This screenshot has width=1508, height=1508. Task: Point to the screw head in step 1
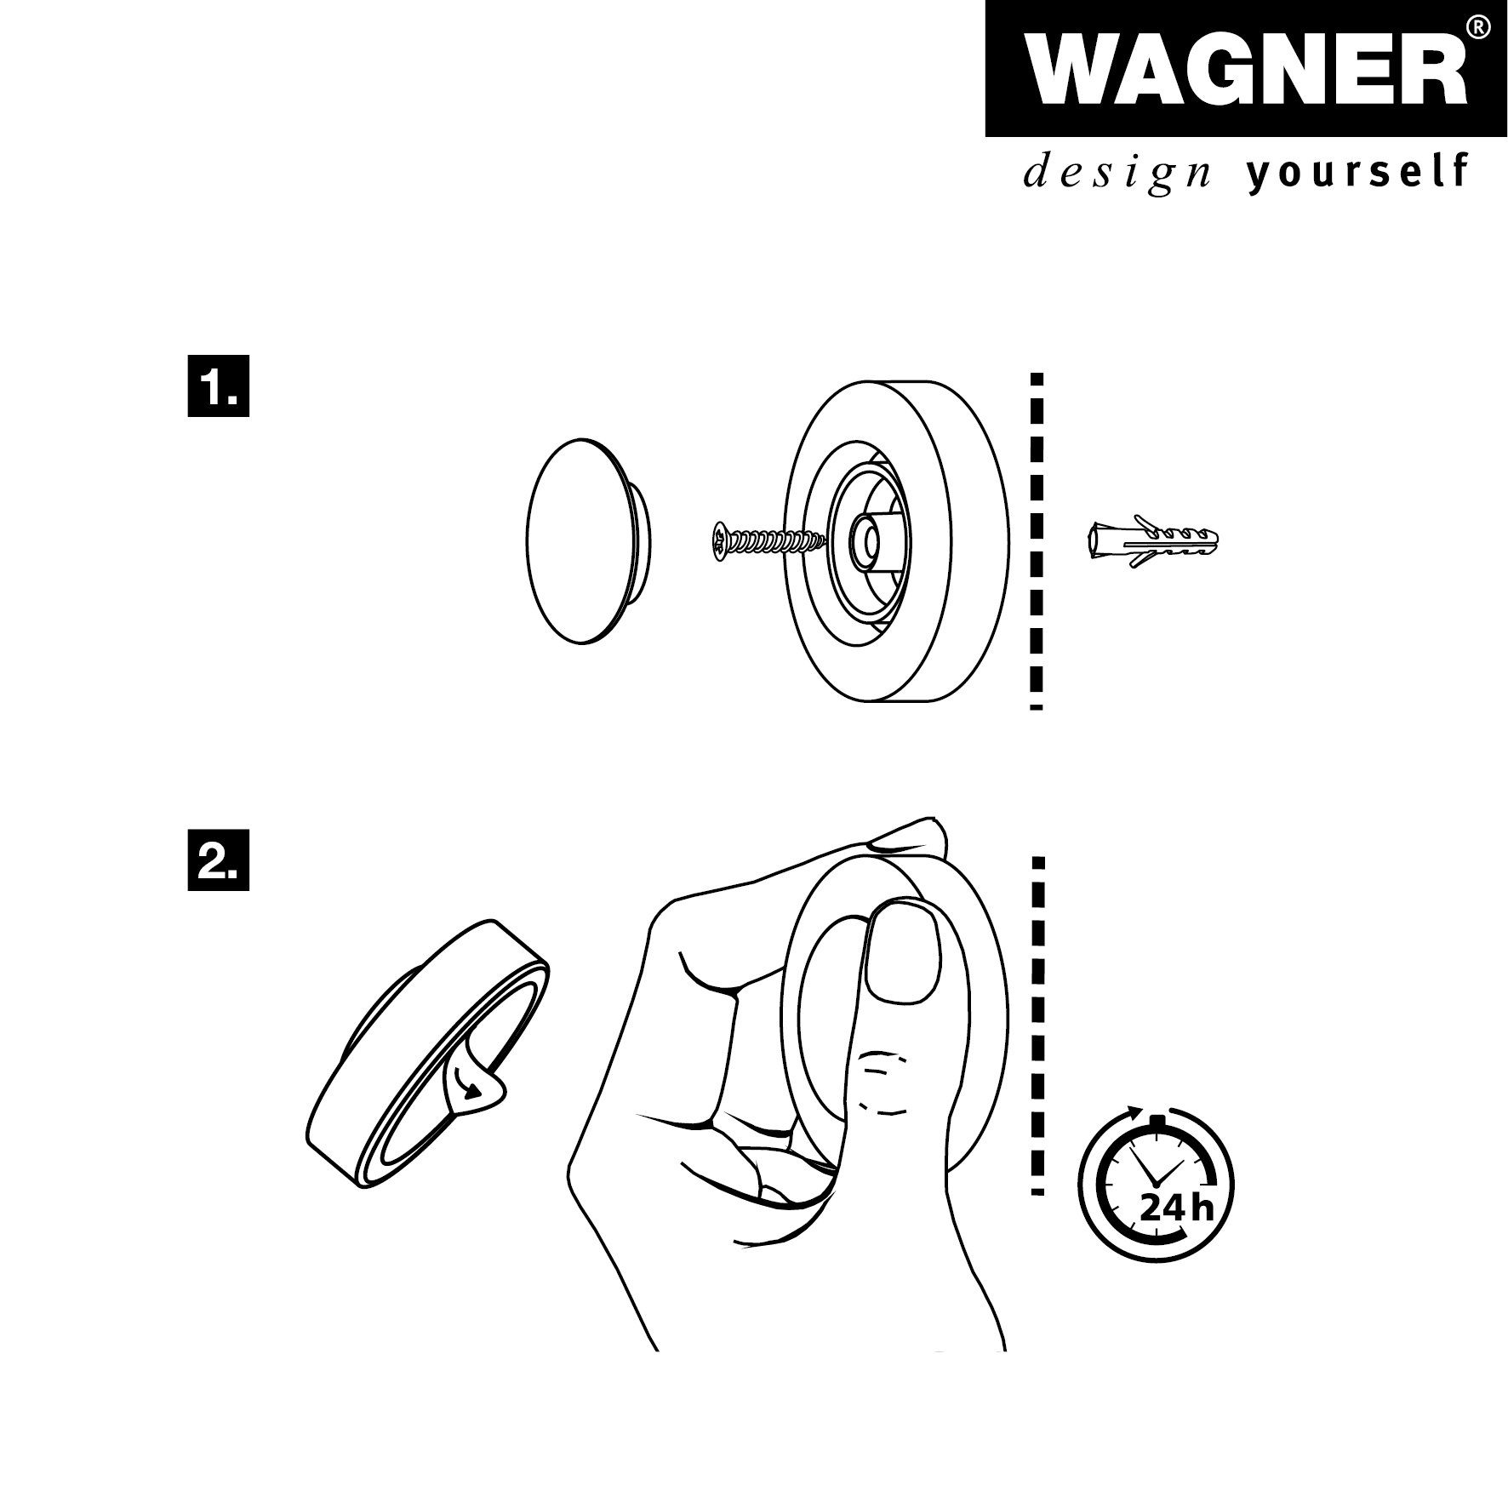[721, 539]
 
